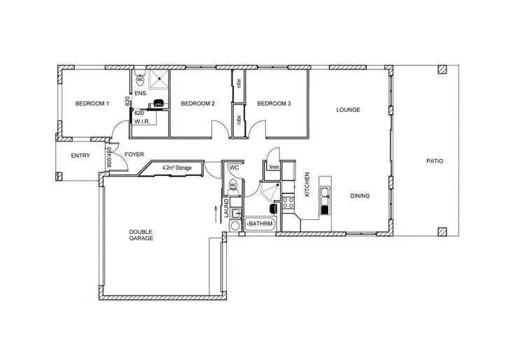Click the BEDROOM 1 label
92,104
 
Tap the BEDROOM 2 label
197,104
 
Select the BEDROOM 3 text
274,104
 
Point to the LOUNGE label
348,110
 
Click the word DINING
360,196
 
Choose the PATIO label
435,161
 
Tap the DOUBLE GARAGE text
141,235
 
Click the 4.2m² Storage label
176,168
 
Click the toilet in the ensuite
140,80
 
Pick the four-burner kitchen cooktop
288,204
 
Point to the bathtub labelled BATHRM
261,224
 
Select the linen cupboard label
274,167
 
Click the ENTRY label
80,155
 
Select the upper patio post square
442,70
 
